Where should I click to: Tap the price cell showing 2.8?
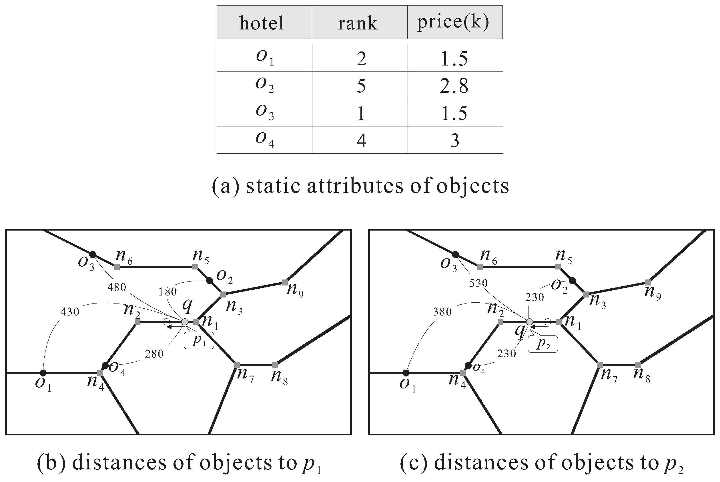[x=454, y=86]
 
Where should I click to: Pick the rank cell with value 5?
[x=361, y=86]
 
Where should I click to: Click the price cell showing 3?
[x=454, y=140]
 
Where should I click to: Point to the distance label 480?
[x=117, y=287]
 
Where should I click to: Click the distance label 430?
[x=70, y=312]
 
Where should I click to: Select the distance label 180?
[x=167, y=291]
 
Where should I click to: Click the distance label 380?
[x=442, y=312]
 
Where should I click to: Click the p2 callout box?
[x=543, y=344]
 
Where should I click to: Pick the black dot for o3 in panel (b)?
[x=92, y=255]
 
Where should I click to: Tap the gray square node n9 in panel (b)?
[x=285, y=282]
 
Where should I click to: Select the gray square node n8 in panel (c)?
[x=638, y=365]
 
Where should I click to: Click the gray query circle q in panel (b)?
[x=185, y=322]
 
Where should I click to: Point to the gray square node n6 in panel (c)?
[x=480, y=267]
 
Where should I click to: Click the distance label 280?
[x=154, y=354]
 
